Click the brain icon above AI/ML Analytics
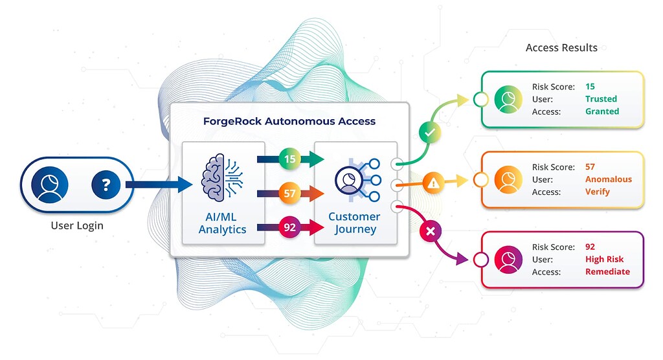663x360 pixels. [223, 175]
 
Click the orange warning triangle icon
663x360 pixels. [433, 184]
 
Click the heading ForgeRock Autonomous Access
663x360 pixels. [289, 121]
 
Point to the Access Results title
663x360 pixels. [561, 48]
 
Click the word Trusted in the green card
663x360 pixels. [601, 99]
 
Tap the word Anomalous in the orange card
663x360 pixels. [608, 179]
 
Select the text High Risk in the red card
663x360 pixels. [604, 260]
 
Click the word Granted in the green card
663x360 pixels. [602, 111]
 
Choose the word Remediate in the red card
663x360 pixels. [607, 272]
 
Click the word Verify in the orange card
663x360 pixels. [598, 192]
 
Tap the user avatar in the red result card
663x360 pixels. [508, 260]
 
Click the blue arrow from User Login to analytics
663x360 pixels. [158, 185]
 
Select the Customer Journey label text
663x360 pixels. [354, 223]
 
